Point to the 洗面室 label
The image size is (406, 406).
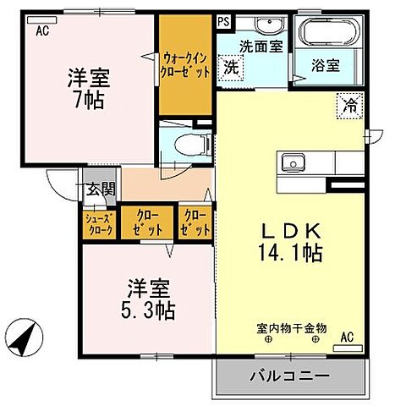(261, 47)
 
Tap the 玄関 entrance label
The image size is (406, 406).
(100, 189)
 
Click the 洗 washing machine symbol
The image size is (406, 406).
(230, 67)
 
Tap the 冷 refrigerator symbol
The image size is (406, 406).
(348, 105)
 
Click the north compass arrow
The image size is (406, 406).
(27, 342)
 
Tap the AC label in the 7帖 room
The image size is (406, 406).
(42, 31)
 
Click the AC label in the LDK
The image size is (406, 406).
(346, 337)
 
